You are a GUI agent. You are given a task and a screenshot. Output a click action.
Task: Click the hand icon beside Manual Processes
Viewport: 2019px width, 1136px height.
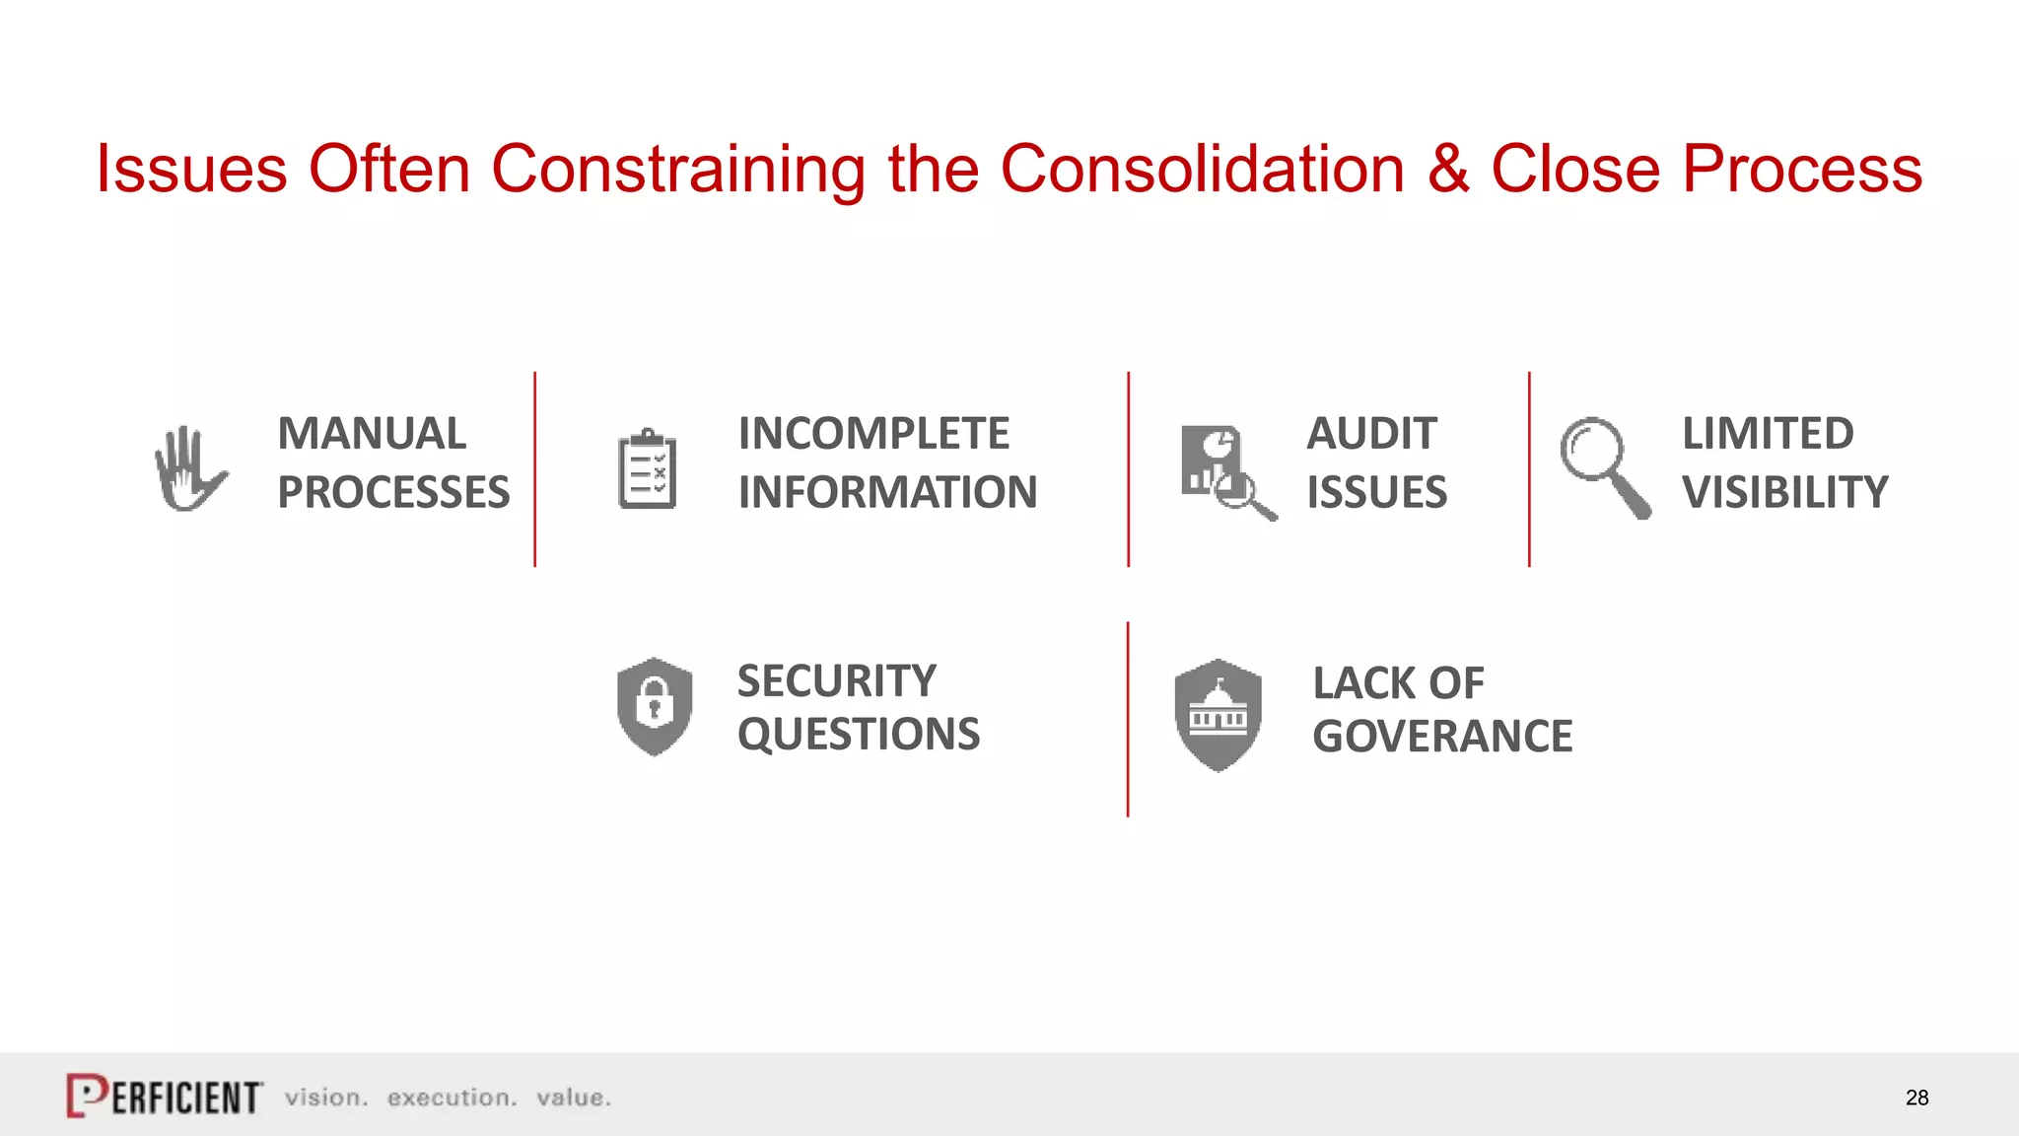coord(190,469)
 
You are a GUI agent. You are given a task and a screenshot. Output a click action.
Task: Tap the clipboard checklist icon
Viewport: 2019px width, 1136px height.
coord(647,469)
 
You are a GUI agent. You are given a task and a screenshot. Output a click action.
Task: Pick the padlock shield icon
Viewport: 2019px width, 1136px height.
coord(655,706)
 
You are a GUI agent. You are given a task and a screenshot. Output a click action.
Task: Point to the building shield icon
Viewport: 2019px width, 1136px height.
coord(1218,714)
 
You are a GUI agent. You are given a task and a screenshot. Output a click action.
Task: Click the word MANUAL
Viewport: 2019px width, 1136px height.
coord(372,434)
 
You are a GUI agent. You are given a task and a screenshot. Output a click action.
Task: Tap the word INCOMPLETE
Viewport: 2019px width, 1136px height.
coord(873,434)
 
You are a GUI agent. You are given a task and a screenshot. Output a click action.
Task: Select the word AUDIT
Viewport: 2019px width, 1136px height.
coord(1371,434)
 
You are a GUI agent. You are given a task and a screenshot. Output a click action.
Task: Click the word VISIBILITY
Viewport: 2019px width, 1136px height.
coord(1784,492)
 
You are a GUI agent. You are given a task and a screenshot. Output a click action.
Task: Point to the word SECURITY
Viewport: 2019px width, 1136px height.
coord(836,681)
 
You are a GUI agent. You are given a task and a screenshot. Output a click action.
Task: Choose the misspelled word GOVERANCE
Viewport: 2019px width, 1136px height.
coord(1442,737)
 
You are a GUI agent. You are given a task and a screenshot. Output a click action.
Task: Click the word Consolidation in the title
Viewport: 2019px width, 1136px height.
coord(1202,169)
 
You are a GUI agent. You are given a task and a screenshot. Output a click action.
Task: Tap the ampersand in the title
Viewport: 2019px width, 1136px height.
coord(1448,169)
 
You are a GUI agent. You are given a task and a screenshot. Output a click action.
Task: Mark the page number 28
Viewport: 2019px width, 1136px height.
coord(1916,1098)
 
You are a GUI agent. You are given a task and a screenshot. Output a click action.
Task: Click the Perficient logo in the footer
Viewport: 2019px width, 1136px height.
coord(165,1096)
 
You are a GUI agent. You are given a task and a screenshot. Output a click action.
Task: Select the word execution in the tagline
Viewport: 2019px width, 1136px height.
coord(452,1098)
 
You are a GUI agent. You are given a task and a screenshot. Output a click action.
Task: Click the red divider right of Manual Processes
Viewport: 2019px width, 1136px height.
coord(535,469)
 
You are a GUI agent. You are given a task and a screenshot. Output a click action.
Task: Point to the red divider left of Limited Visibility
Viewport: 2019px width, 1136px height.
coord(1529,469)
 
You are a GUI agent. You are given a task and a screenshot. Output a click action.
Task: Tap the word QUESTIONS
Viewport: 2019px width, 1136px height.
coord(859,735)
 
